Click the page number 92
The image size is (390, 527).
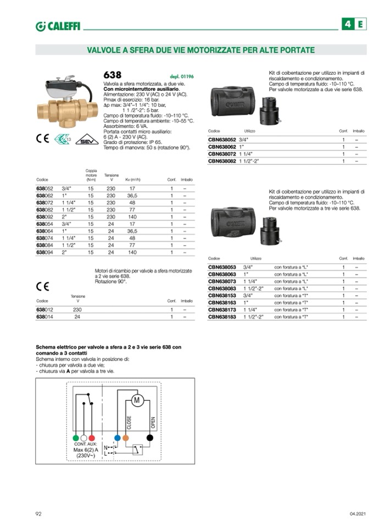click(x=39, y=514)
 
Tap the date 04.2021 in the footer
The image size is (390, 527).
click(x=358, y=514)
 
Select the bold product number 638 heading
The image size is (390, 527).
click(x=113, y=75)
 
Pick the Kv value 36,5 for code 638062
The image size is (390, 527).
click(x=132, y=196)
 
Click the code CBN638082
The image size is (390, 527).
click(x=221, y=162)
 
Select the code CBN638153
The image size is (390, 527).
click(x=221, y=295)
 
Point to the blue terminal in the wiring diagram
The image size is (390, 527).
click(x=116, y=438)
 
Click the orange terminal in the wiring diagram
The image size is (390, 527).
click(x=126, y=438)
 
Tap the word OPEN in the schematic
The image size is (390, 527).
click(x=153, y=423)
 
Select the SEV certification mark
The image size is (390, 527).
click(x=87, y=139)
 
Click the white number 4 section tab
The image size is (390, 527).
click(x=348, y=24)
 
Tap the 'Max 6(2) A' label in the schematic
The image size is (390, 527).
click(x=86, y=450)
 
